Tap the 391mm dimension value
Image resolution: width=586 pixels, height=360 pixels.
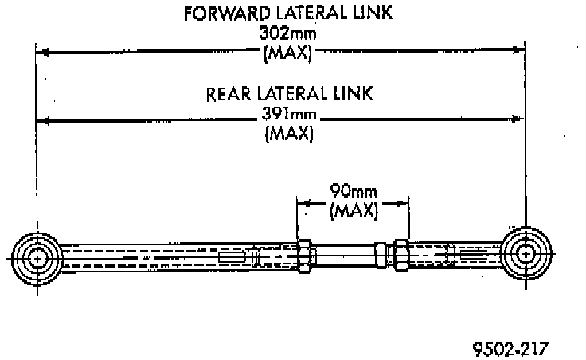[289, 115]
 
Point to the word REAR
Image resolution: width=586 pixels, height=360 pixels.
[230, 94]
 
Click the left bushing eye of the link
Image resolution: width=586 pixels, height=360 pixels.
[37, 257]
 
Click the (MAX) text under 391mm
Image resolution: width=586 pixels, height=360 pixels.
[289, 134]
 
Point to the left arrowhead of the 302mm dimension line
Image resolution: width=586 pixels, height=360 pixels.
[41, 53]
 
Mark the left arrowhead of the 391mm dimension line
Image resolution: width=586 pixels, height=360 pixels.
[41, 120]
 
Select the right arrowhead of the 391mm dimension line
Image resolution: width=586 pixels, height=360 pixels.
[520, 120]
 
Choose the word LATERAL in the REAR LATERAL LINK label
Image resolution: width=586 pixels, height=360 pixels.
[296, 94]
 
